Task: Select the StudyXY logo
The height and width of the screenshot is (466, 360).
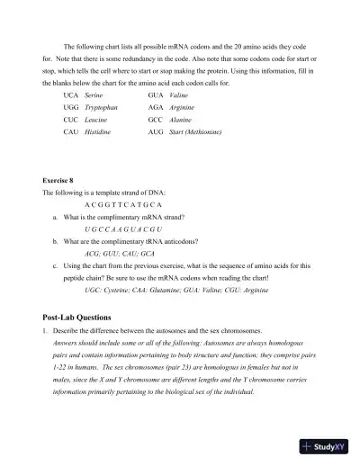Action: pos(324,446)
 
